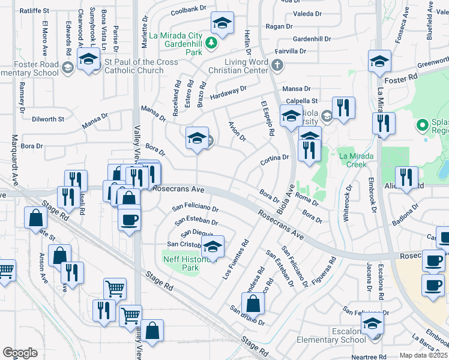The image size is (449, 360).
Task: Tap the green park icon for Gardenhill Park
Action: tap(211, 43)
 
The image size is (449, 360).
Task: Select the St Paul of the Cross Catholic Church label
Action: tap(141, 66)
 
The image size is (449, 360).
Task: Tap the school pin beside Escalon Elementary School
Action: tap(372, 325)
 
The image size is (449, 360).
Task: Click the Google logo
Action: tap(20, 352)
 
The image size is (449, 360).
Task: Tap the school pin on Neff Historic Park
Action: tap(212, 247)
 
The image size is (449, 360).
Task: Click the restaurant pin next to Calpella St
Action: tap(343, 108)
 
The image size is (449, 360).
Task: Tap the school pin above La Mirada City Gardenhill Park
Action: tap(221, 25)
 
